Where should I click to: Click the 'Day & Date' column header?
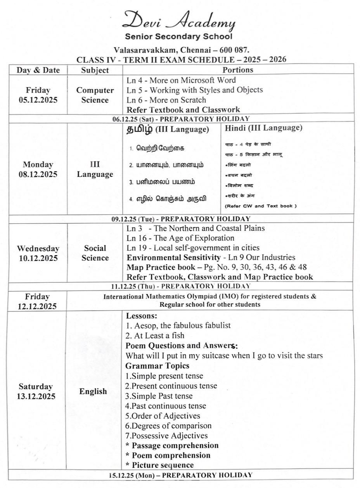pyautogui.click(x=38, y=70)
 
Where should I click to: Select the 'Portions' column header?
pyautogui.click(x=237, y=70)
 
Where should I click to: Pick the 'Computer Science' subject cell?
pyautogui.click(x=95, y=95)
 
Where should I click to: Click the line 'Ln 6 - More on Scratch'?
pyautogui.click(x=166, y=100)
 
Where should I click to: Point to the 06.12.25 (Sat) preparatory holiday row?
pyautogui.click(x=181, y=119)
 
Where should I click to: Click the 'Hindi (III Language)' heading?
pyautogui.click(x=263, y=128)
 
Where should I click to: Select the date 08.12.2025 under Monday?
pyautogui.click(x=38, y=174)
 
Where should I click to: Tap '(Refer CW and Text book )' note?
pyautogui.click(x=261, y=206)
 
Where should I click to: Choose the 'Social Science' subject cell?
pyautogui.click(x=95, y=253)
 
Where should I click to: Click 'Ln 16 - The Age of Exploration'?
pyautogui.click(x=180, y=238)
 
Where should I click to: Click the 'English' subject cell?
pyautogui.click(x=93, y=391)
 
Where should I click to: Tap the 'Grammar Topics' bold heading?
pyautogui.click(x=157, y=366)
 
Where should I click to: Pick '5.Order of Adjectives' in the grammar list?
pyautogui.click(x=163, y=416)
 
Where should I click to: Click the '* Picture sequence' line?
pyautogui.click(x=159, y=465)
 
